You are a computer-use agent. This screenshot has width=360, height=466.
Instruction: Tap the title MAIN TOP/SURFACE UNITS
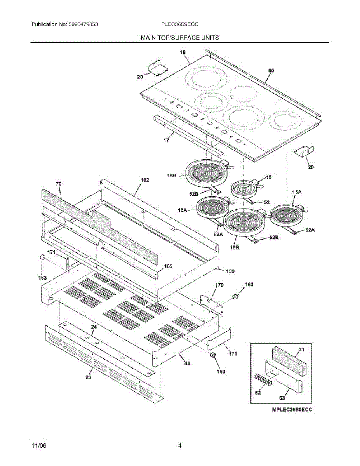180,38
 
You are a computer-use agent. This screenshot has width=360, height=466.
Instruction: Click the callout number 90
271,71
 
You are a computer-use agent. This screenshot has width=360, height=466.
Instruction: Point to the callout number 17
166,140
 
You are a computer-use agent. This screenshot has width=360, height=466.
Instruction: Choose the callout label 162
145,181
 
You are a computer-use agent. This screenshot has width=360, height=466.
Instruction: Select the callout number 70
59,183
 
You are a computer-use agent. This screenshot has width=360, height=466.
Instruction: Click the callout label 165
168,266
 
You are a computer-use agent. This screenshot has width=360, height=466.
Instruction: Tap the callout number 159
230,271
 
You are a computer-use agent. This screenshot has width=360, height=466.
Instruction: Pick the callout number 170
219,285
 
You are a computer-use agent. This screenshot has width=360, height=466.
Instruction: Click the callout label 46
187,363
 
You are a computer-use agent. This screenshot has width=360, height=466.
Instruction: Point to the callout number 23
89,377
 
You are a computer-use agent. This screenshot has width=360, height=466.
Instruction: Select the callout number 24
94,327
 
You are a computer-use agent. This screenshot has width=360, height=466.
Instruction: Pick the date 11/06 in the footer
38,446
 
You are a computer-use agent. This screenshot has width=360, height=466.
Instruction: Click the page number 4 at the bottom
180,446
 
